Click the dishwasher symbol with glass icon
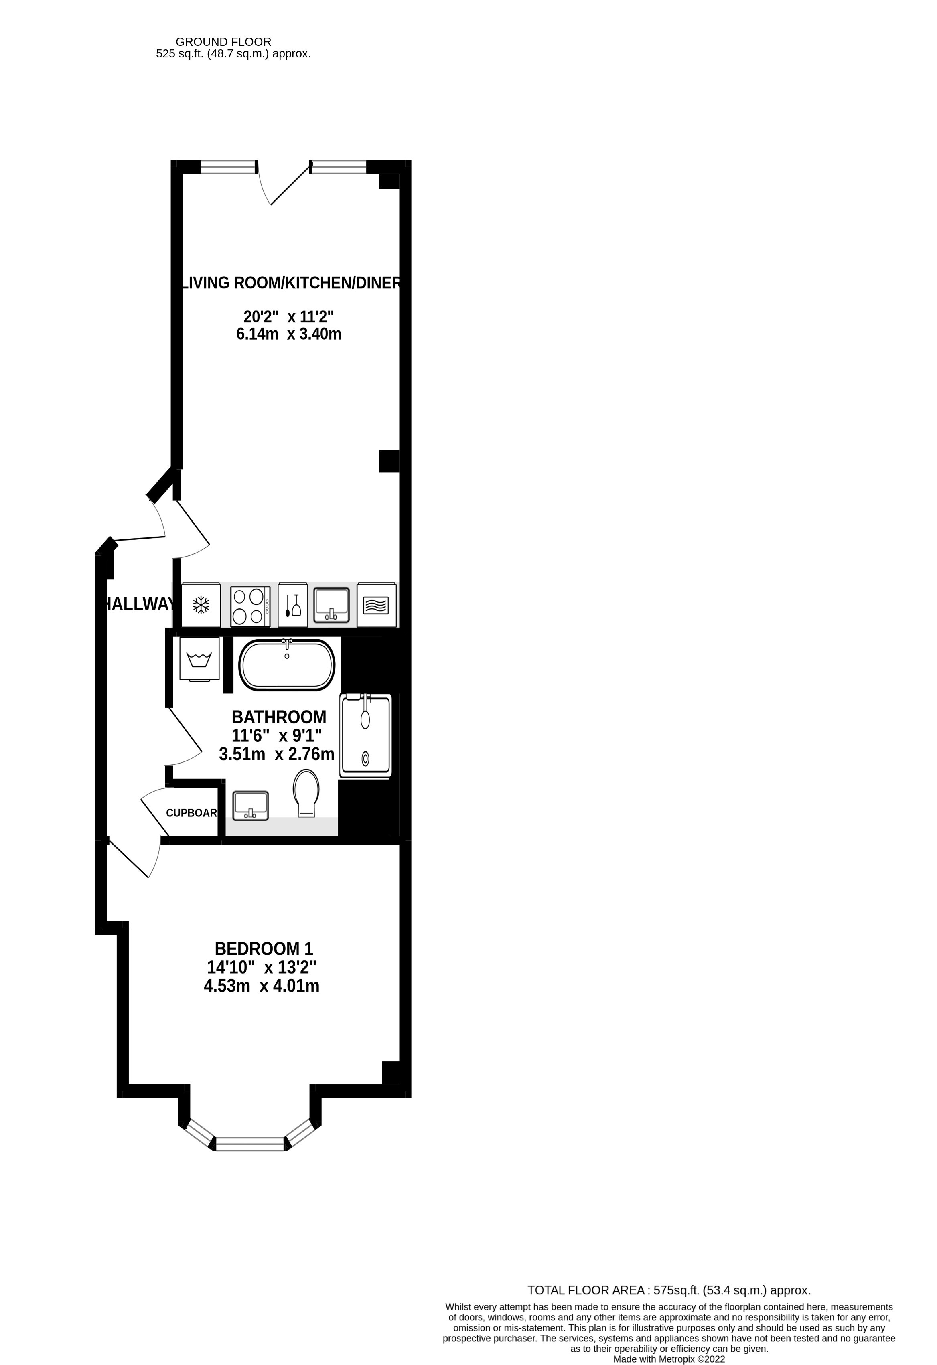[x=292, y=605]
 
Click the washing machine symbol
[x=199, y=660]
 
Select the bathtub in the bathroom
[x=287, y=664]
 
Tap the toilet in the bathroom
[x=307, y=793]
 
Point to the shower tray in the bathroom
[x=365, y=736]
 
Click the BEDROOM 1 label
[x=264, y=949]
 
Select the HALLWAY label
[x=139, y=604]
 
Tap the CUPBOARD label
[x=191, y=813]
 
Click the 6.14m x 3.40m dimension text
[x=288, y=334]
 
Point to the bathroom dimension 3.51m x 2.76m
[x=277, y=754]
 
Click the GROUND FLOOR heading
[x=223, y=42]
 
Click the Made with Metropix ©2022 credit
[x=669, y=1359]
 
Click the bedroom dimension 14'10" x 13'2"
[x=262, y=967]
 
